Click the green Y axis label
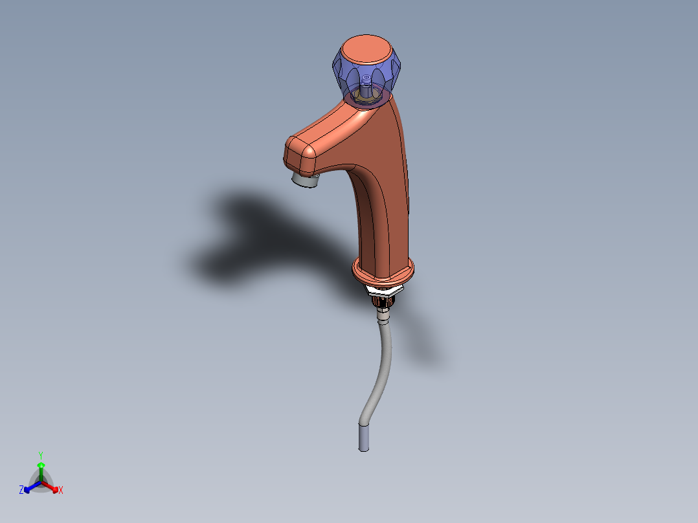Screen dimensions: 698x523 (41, 455)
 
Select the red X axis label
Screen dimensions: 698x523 (61, 490)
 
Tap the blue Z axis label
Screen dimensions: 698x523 (21, 489)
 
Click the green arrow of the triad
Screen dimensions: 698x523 (41, 471)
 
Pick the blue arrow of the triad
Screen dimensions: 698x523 (32, 487)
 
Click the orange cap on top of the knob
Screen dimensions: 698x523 (366, 50)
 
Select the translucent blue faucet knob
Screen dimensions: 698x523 (366, 71)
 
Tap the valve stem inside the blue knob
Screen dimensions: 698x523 (366, 87)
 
